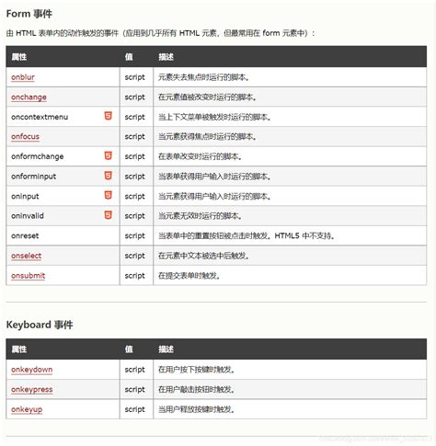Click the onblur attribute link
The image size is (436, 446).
[x=24, y=77]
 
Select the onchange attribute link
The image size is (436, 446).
[x=29, y=97]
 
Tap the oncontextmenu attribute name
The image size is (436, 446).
[x=40, y=117]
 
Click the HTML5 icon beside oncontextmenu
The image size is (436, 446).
[x=108, y=117]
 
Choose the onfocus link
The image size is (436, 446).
[x=26, y=137]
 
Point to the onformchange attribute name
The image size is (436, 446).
[x=38, y=156]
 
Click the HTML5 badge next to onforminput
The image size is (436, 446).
[x=108, y=176]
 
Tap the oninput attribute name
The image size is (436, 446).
[x=26, y=196]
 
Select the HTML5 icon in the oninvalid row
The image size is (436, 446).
[x=108, y=215]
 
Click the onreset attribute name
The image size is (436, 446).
[x=25, y=235]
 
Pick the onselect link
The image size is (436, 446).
[x=27, y=255]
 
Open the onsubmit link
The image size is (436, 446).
[x=28, y=275]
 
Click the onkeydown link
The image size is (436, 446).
[x=31, y=370]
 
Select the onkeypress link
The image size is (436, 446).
[x=32, y=389]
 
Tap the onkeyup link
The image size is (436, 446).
[x=28, y=409]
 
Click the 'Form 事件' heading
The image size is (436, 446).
[x=29, y=13]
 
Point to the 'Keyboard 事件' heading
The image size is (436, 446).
[x=40, y=325]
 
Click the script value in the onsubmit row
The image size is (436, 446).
[x=134, y=275]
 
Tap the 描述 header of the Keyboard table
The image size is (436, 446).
[x=166, y=349]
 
